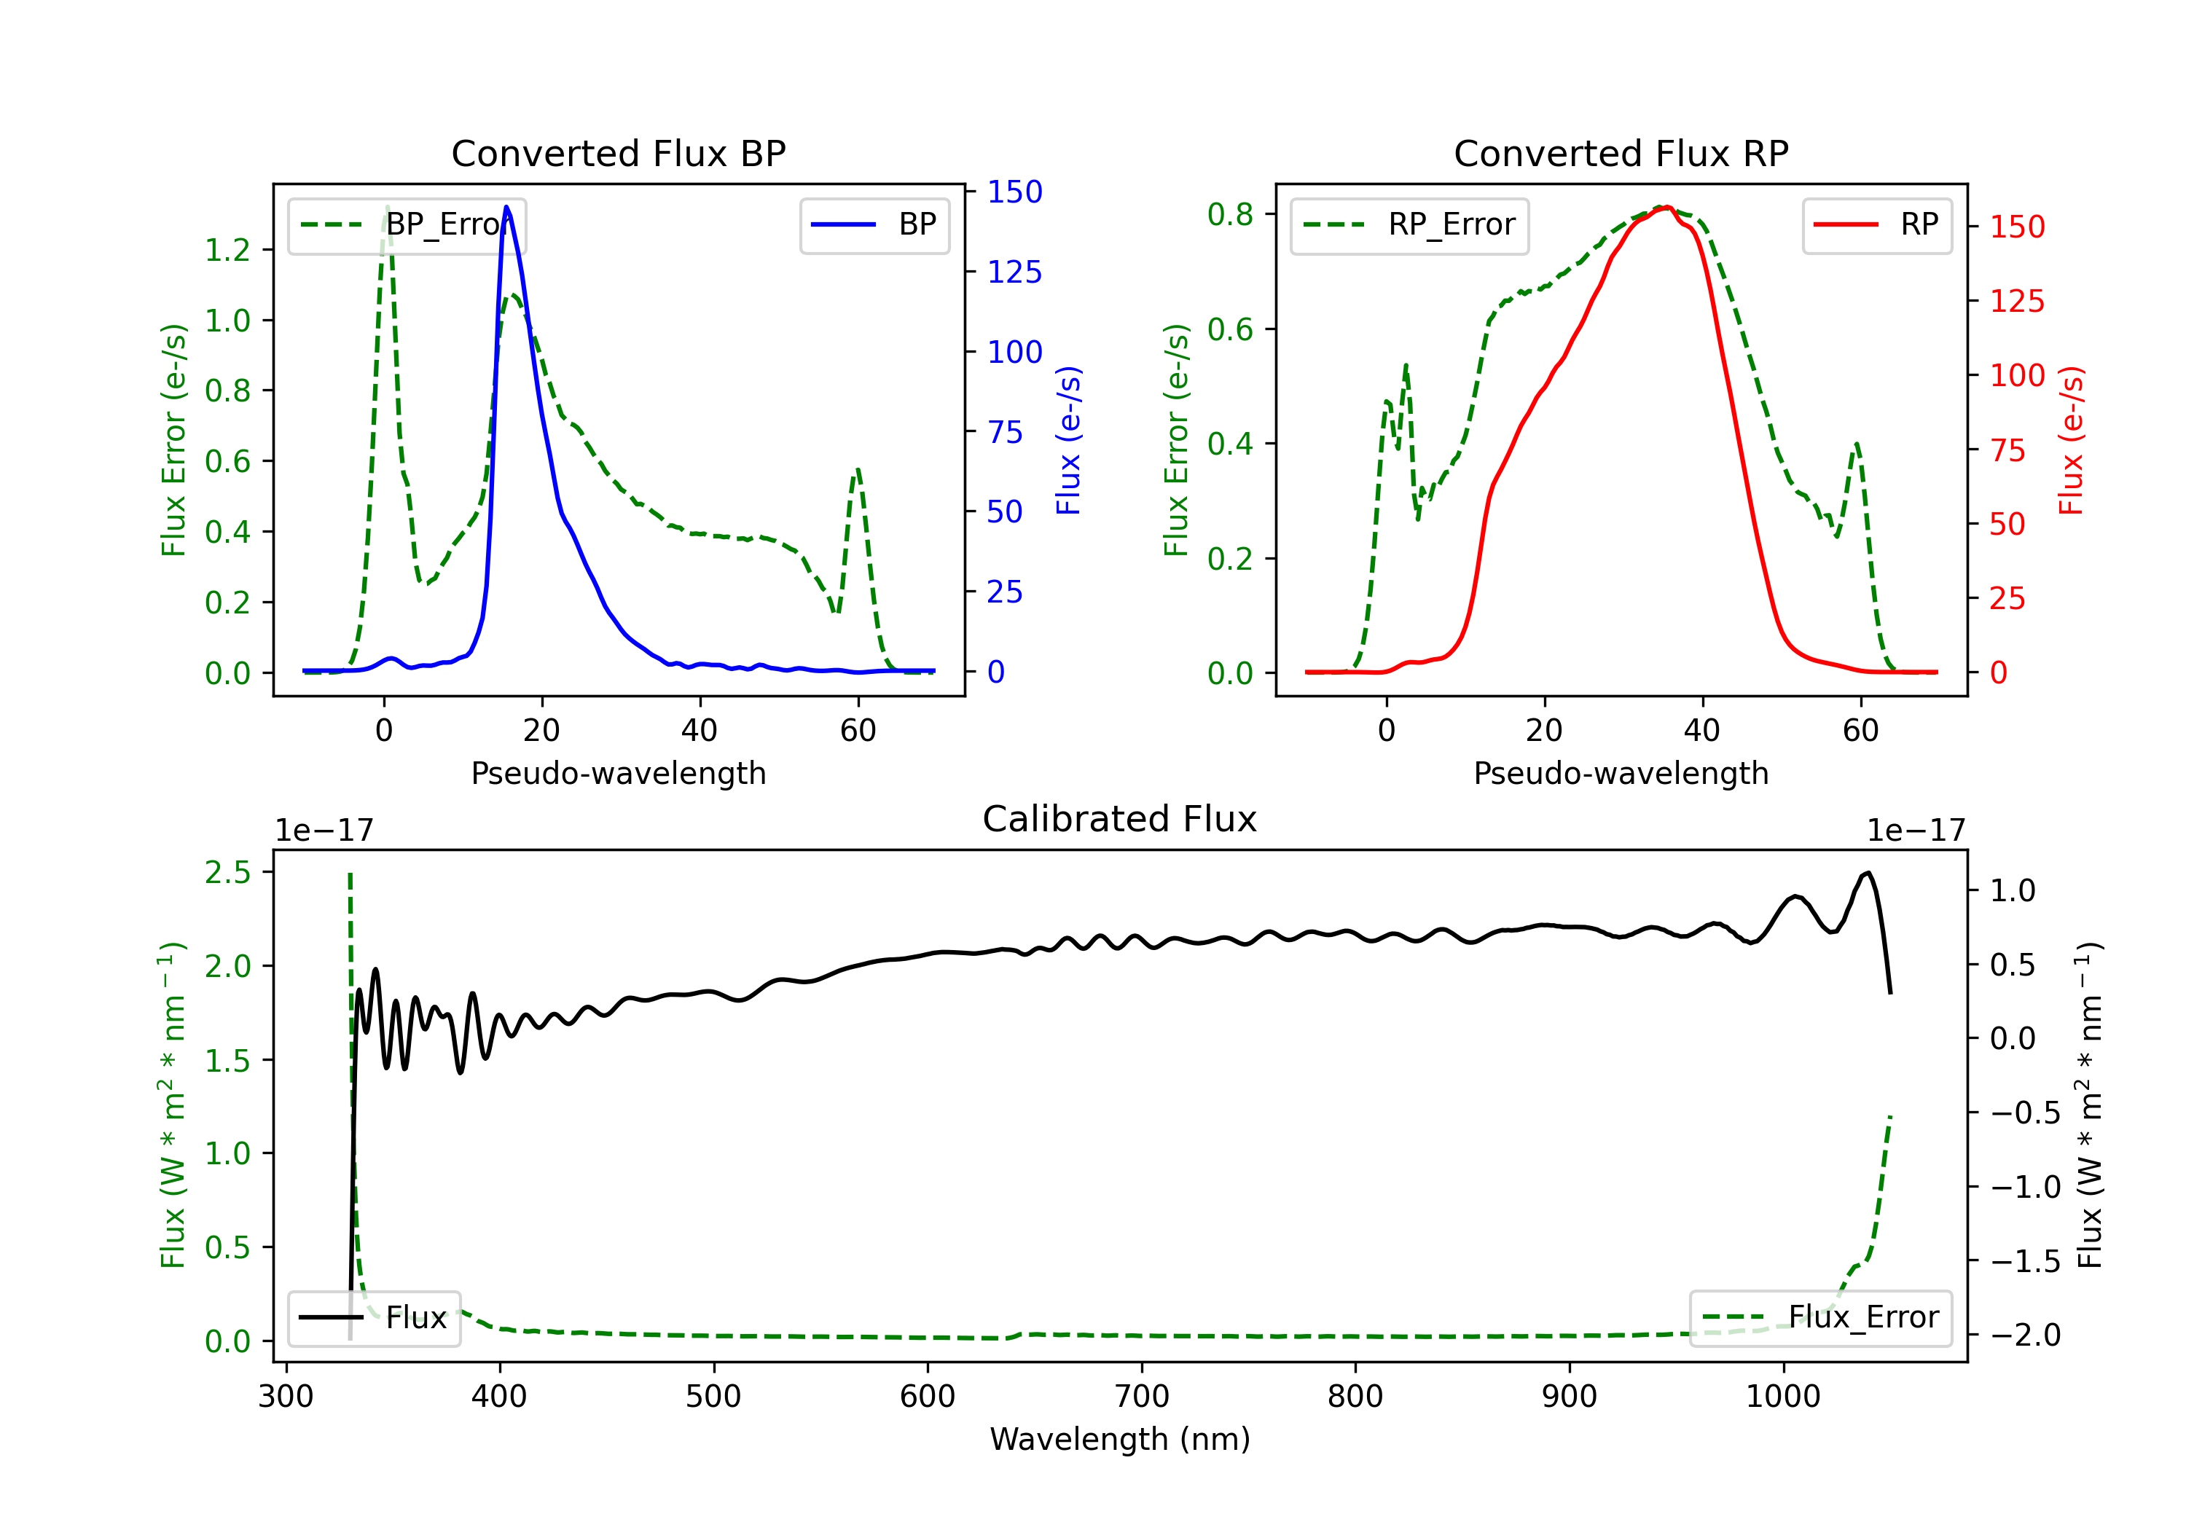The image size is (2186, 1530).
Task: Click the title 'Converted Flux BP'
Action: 618,153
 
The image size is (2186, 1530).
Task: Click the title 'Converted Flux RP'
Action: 1621,153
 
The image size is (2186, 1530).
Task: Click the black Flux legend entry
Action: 375,1318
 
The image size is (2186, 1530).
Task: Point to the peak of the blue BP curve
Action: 506,207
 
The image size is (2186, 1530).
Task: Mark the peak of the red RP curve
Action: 1667,208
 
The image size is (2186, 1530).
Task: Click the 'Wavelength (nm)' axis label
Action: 1120,1439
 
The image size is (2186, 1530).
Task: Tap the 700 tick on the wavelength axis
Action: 1142,1396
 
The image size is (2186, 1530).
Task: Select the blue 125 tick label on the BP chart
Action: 1014,272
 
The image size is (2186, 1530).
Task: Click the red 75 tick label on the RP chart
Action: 2008,450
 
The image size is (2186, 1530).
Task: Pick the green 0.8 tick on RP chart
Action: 1230,214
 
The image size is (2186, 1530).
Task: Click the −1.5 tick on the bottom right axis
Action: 2025,1260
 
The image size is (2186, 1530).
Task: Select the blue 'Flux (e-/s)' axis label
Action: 1068,440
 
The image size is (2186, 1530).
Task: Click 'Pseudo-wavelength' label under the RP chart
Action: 1621,773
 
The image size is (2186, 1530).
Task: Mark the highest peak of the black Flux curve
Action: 1868,872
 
